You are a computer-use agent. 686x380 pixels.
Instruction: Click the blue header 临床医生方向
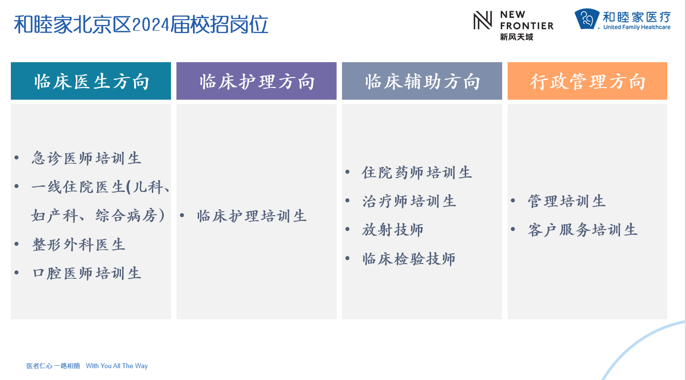click(x=91, y=81)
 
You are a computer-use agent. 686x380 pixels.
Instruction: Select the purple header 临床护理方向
click(x=256, y=81)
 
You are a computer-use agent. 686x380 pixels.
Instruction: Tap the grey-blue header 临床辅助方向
click(x=422, y=81)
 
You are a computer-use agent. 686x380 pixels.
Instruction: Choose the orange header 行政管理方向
click(x=587, y=81)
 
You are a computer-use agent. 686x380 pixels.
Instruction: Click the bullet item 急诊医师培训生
click(x=86, y=158)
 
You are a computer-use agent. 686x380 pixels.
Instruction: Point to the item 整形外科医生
click(x=79, y=245)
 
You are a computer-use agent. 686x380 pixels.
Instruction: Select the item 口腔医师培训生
click(x=86, y=273)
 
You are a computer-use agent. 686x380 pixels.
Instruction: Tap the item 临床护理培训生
click(x=252, y=216)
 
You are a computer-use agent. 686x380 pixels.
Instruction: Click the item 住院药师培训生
click(x=417, y=173)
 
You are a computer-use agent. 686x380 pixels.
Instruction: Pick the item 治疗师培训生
click(x=409, y=201)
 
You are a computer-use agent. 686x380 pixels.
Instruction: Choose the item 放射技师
click(x=393, y=229)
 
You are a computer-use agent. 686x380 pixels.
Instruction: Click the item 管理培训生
click(x=567, y=201)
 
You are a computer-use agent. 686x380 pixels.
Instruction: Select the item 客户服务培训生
click(x=583, y=230)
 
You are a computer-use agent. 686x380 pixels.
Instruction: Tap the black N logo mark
click(x=482, y=20)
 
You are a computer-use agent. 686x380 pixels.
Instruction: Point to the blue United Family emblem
click(x=587, y=19)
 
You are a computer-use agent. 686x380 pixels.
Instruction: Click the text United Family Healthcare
click(x=637, y=27)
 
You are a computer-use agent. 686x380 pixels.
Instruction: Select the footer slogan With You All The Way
click(x=117, y=366)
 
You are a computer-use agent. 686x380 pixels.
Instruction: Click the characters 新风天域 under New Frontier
click(x=516, y=37)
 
